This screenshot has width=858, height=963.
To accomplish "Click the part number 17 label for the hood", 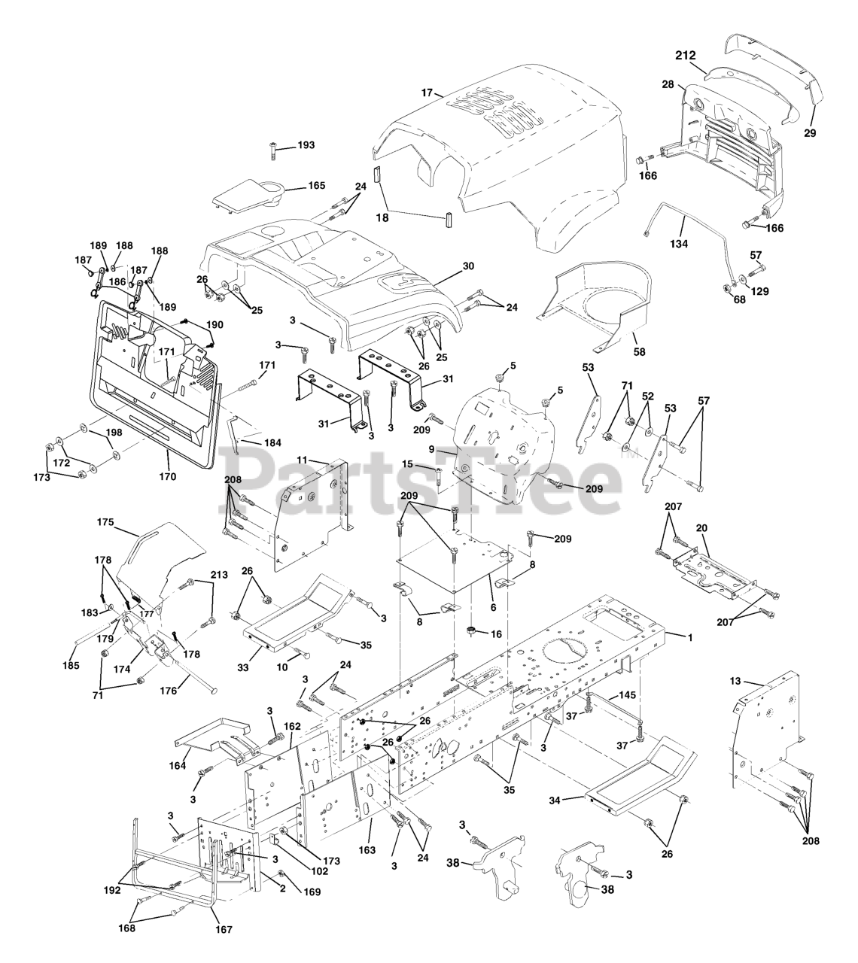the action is pos(427,93).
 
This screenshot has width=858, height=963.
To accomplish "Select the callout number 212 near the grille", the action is pos(686,55).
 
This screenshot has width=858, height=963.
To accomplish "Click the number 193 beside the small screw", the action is pos(306,144).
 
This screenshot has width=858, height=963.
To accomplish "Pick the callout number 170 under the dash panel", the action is pos(167,475).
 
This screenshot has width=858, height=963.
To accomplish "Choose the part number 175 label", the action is pos(105,521).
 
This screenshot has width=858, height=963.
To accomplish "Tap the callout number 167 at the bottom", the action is pos(222,929).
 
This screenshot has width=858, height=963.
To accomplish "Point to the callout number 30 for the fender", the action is pos(468,266).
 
